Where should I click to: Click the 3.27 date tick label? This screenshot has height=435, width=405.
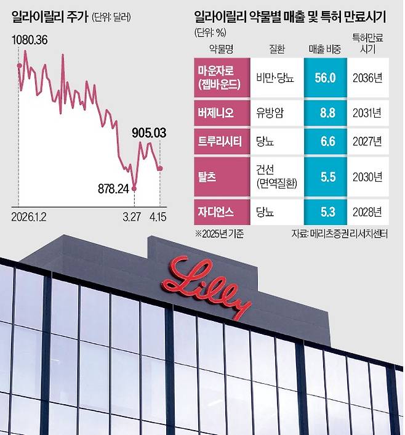point(132,218)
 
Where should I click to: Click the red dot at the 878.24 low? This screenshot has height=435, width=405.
point(135,187)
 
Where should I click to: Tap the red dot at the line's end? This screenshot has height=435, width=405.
point(160,168)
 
